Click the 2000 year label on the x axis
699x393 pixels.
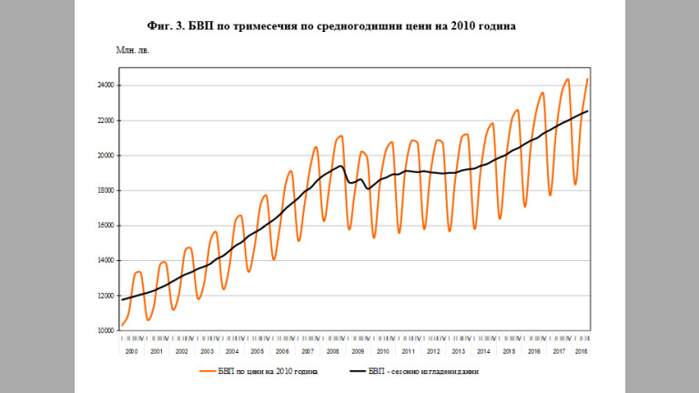click(x=131, y=351)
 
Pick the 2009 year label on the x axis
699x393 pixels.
click(x=358, y=351)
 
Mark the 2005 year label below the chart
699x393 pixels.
click(x=258, y=351)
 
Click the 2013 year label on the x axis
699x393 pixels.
click(x=458, y=351)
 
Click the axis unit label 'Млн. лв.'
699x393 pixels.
click(x=132, y=48)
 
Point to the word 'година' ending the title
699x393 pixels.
click(x=493, y=26)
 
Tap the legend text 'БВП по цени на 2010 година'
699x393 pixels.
click(x=268, y=372)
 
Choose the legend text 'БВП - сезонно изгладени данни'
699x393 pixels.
click(x=423, y=372)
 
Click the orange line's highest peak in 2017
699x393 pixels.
click(x=567, y=79)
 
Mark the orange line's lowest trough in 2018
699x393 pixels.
click(x=575, y=185)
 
